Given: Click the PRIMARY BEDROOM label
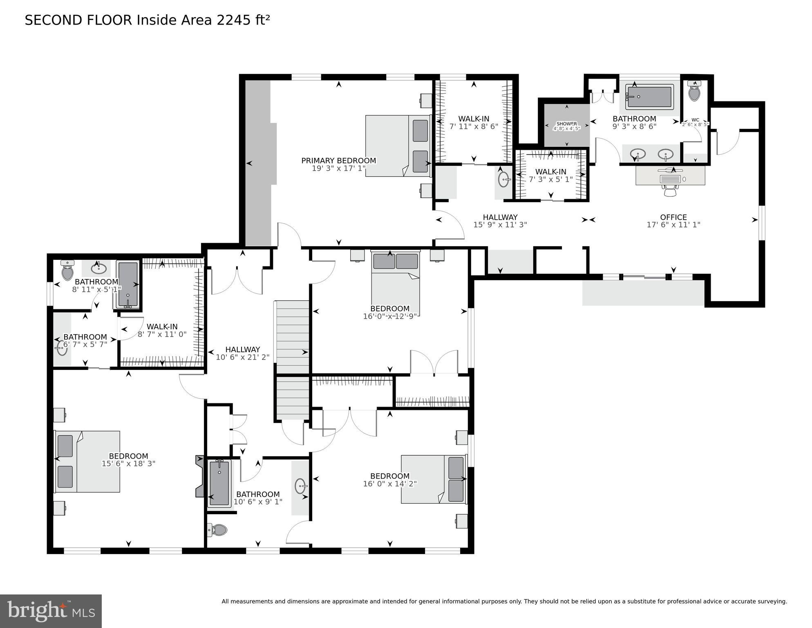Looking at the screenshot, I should pos(338,161).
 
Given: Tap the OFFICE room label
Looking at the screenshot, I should pos(673,217).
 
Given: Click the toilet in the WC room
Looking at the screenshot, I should pos(694,92).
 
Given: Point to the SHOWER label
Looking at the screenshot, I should pos(566,124).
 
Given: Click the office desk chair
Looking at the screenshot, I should pos(670,190).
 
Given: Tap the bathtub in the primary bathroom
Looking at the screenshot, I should pos(649,97).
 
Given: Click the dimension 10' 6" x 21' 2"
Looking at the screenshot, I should pos(242,357).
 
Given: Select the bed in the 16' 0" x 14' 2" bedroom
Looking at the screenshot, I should pos(433,479).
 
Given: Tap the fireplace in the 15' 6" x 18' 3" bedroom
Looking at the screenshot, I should pos(200,477).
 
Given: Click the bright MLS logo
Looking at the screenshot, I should pos(51,611).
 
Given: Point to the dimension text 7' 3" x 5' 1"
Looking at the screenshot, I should pos(550,179).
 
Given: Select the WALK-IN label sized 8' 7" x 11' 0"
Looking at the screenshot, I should pos(162,326).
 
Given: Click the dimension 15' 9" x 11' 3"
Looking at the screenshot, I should pos(500,225).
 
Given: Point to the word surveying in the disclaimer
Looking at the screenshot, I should pos(771,601).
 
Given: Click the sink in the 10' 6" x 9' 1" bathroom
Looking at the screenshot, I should pos(301,487).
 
